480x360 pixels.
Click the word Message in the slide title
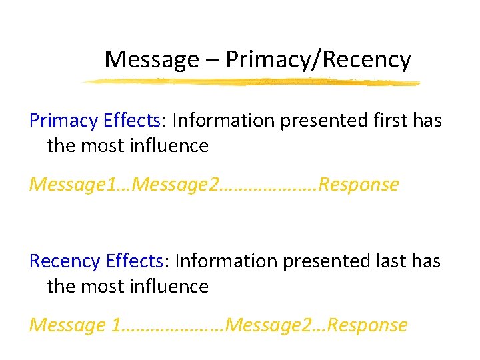click(151, 60)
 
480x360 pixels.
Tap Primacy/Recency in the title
click(318, 60)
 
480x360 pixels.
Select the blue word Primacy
click(63, 121)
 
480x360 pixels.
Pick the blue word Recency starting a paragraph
click(65, 261)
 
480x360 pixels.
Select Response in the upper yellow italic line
click(359, 184)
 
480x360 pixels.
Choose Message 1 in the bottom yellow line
click(76, 325)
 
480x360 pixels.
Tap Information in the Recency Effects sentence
click(229, 261)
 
